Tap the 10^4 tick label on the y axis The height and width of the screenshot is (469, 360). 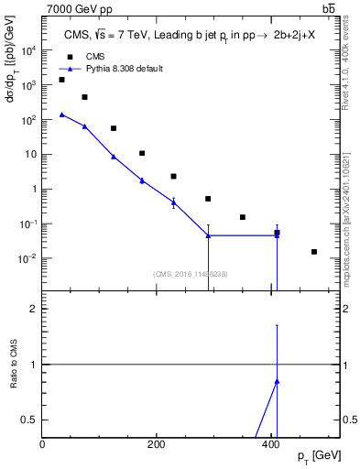point(29,50)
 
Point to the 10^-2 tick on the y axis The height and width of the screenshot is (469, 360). point(27,258)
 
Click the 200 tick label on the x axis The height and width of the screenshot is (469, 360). point(157,444)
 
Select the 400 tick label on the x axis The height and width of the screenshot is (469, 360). point(270,444)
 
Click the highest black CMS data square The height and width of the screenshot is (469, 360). point(61,80)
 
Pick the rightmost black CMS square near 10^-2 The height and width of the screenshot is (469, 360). point(314,252)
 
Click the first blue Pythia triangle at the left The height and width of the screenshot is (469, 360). point(61,115)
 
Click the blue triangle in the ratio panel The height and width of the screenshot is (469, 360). point(277,381)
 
